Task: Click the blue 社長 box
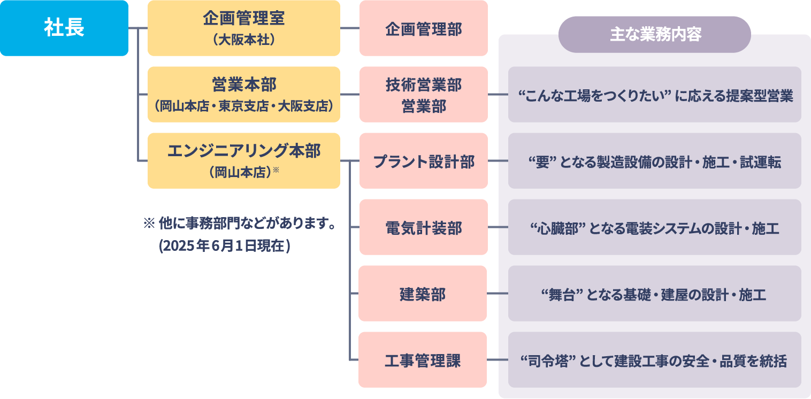click(64, 28)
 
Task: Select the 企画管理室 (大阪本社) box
click(243, 28)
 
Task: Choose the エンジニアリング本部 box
click(243, 160)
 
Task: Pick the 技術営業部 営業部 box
click(423, 95)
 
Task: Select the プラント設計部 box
click(423, 161)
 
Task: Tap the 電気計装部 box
click(423, 227)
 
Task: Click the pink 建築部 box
click(423, 294)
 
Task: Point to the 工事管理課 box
click(423, 360)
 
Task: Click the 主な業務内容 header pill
click(654, 35)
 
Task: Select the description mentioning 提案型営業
click(654, 95)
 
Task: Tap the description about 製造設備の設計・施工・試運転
click(654, 161)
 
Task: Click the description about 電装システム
click(654, 227)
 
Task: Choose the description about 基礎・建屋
click(654, 294)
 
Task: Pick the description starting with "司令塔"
click(654, 360)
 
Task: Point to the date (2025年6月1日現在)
click(225, 245)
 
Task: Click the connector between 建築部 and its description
click(498, 294)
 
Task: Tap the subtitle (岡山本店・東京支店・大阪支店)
click(243, 106)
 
